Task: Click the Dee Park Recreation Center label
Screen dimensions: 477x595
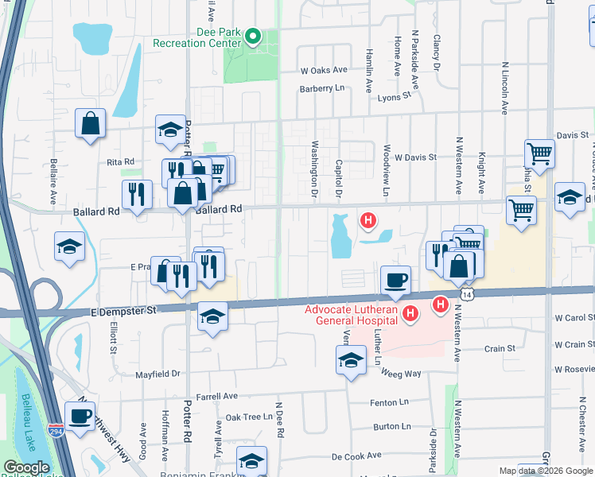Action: pos(196,37)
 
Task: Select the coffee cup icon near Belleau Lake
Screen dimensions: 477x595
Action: pos(80,415)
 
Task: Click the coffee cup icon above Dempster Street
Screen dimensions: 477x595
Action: pos(395,280)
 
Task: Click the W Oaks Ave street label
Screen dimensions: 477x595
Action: pos(324,70)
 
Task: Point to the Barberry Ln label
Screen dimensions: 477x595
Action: pos(326,88)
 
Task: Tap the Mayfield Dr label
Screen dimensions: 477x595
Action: pos(158,373)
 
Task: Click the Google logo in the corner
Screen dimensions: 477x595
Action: pos(26,468)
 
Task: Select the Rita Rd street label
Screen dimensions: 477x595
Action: pos(120,161)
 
